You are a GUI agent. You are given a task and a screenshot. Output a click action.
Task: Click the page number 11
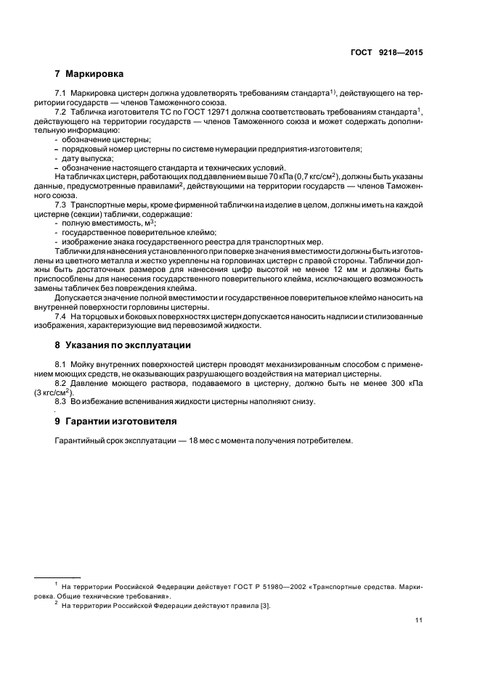(x=419, y=619)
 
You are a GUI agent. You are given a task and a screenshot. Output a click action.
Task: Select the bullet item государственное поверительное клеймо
(x=124, y=233)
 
